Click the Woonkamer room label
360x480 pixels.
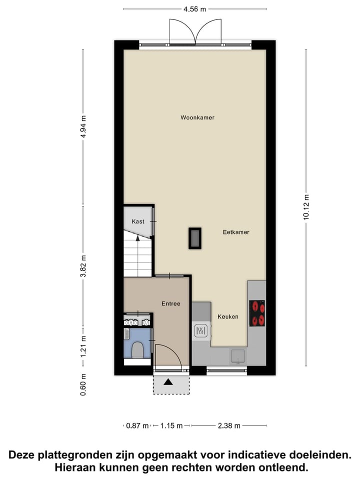point(197,118)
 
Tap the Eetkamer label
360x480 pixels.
point(236,232)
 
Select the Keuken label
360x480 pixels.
point(227,317)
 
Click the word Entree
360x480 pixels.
point(170,303)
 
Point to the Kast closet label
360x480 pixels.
point(138,221)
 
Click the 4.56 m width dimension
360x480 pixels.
point(195,8)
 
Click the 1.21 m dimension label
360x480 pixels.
point(83,345)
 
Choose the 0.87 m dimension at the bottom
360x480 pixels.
point(137,426)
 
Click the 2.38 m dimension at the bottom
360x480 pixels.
point(229,426)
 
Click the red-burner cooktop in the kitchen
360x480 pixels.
point(257,313)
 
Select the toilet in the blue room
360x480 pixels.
point(137,349)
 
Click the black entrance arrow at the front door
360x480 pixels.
point(168,382)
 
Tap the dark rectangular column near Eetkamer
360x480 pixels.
point(194,238)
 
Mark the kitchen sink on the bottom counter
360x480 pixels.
point(237,355)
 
